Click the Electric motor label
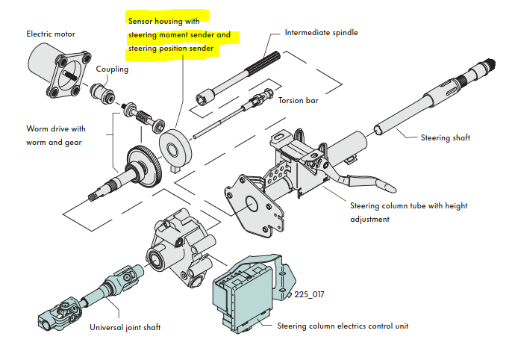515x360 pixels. tap(51, 34)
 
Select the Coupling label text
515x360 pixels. tap(112, 69)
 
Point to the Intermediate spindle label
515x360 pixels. tap(321, 33)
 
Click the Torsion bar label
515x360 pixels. tap(299, 100)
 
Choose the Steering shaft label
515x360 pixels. tap(446, 137)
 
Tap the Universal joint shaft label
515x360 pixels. tap(124, 327)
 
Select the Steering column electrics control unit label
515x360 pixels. tap(342, 326)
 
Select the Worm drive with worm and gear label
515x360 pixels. tap(56, 135)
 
